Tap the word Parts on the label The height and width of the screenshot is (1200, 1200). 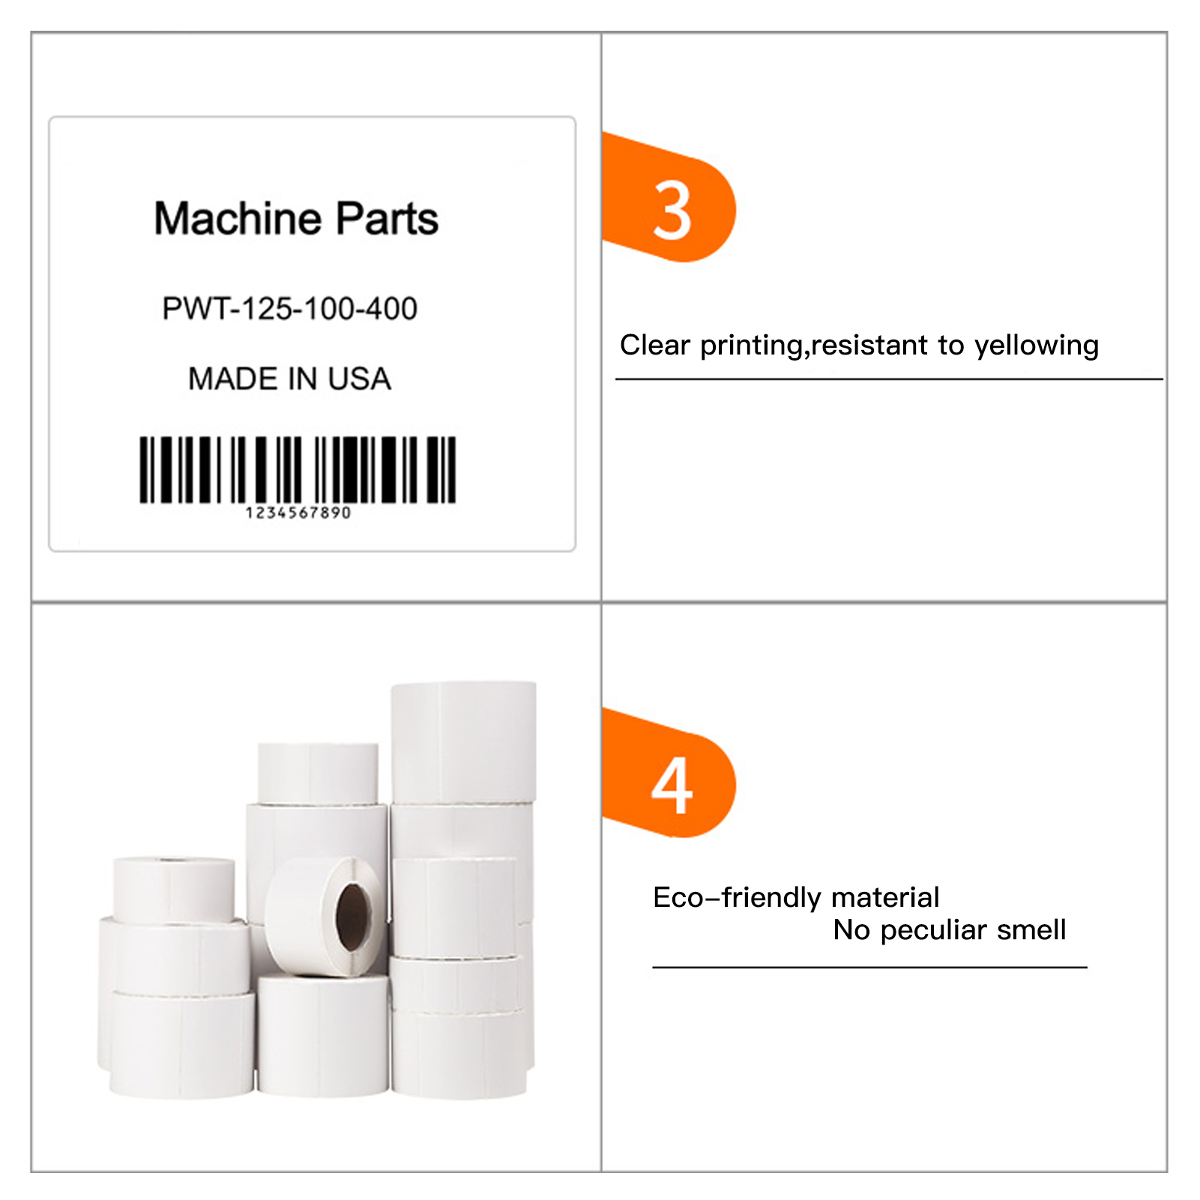pos(386,218)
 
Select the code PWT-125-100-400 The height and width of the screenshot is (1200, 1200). pos(289,309)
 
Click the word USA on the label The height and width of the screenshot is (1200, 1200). pos(359,379)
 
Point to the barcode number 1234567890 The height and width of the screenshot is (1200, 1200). pos(298,513)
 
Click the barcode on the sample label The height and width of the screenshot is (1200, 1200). pos(298,469)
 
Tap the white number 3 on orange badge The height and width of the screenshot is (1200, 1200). pos(672,212)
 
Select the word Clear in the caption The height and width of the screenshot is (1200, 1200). pos(654,345)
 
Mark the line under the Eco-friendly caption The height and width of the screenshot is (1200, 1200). pos(869,968)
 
